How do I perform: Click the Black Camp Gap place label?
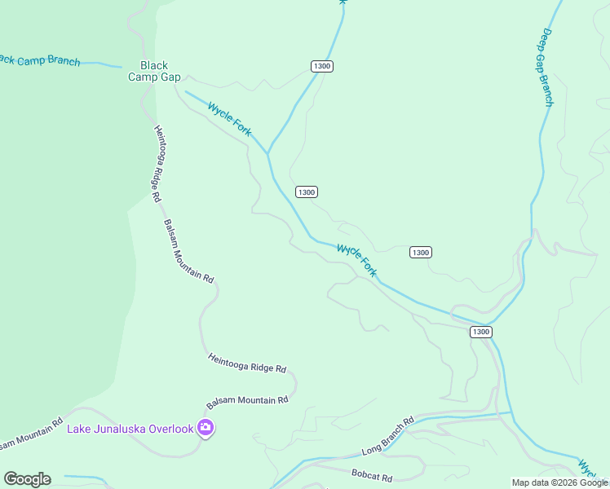point(154,71)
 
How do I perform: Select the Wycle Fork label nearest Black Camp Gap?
point(229,119)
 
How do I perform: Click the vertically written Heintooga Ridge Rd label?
point(157,163)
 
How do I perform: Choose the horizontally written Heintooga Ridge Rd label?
point(247,363)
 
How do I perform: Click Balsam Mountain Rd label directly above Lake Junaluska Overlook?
point(247,401)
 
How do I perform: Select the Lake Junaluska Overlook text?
point(130,429)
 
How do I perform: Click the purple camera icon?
point(206,428)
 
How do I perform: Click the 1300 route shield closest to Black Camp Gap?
point(322,66)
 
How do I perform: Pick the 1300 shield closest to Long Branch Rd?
point(480,332)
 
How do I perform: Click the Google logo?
point(27,479)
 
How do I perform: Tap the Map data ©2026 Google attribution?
point(559,482)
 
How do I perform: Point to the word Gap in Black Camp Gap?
point(169,77)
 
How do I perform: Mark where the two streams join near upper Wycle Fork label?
point(267,152)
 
